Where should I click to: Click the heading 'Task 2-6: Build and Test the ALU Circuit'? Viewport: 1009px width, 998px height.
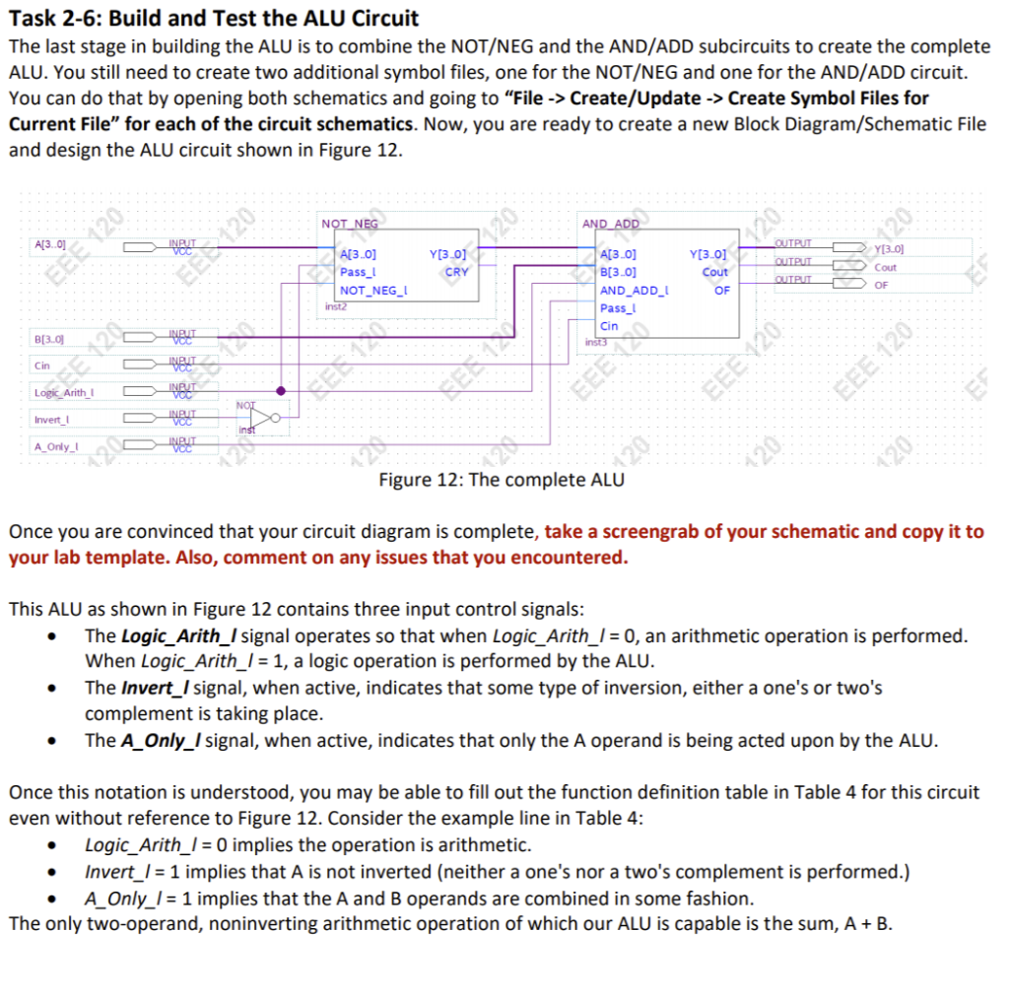pos(214,18)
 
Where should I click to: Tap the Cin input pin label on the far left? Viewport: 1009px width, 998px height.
pos(42,366)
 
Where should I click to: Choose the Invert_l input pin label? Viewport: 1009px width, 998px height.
pos(51,420)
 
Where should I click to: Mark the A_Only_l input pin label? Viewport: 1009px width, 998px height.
pos(55,446)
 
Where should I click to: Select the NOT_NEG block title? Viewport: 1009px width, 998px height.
pos(350,224)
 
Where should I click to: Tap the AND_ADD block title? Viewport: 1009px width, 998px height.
pos(611,224)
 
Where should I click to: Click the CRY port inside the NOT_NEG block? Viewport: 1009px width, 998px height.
pos(457,272)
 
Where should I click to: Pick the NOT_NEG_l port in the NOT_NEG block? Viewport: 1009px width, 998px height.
pos(373,291)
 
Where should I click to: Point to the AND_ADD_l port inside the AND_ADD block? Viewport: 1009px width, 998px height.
pos(636,291)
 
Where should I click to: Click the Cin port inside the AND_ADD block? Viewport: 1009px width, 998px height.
pos(610,326)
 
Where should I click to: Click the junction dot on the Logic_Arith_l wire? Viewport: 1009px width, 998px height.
pos(283,392)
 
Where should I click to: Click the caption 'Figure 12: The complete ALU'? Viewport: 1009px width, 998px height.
pos(501,481)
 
